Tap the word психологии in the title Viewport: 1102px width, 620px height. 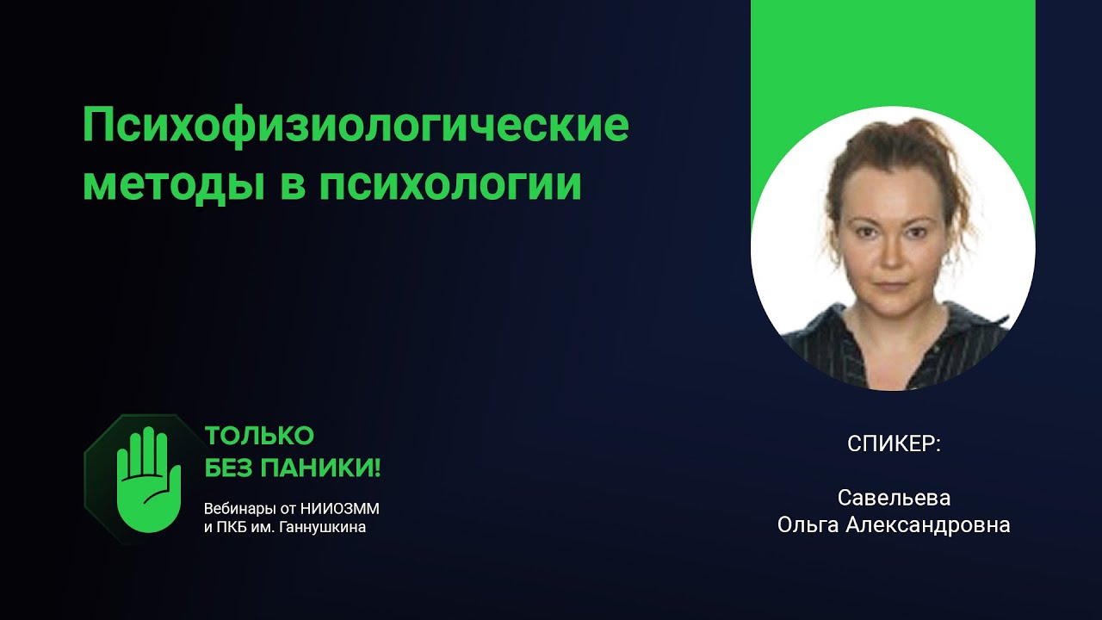(x=450, y=185)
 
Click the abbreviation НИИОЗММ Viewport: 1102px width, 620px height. (x=344, y=508)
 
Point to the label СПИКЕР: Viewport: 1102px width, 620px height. (x=894, y=444)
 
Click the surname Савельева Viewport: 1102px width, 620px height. (x=894, y=499)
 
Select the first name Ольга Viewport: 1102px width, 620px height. (x=809, y=525)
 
